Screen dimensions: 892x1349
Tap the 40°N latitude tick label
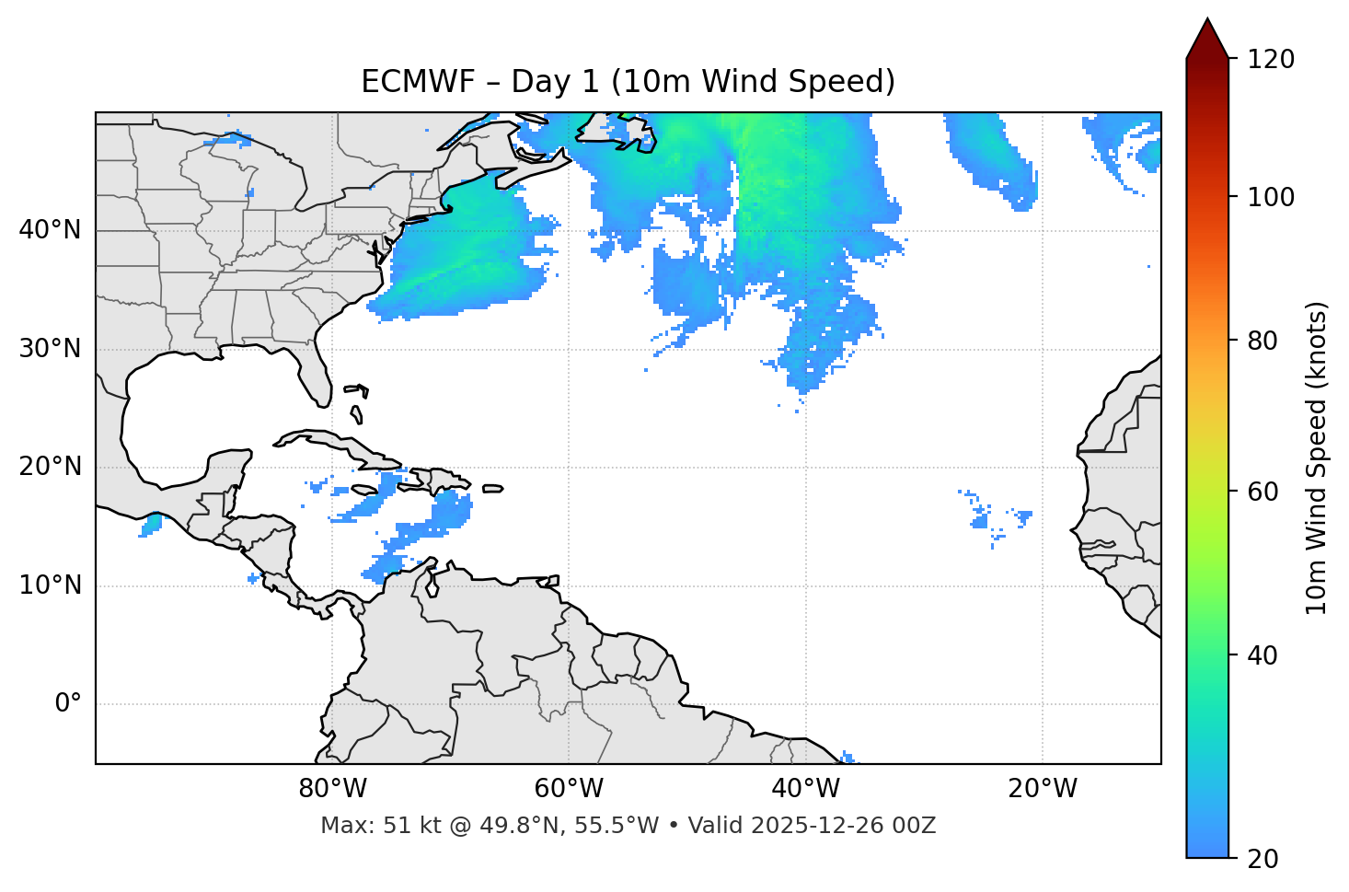50,230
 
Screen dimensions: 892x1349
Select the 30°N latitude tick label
50,349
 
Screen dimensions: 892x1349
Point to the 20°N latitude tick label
50,467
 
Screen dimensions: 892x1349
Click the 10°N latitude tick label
50,585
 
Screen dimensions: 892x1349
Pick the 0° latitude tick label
68,704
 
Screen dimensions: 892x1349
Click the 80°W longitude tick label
332,789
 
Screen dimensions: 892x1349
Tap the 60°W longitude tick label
569,789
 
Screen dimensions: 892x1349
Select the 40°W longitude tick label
805,789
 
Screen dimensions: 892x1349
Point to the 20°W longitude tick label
1042,789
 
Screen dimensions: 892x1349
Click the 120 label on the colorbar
1271,59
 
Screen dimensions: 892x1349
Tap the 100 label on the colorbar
1271,197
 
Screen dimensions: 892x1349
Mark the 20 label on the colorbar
1262,859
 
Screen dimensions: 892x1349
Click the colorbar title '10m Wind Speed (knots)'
1317,458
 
